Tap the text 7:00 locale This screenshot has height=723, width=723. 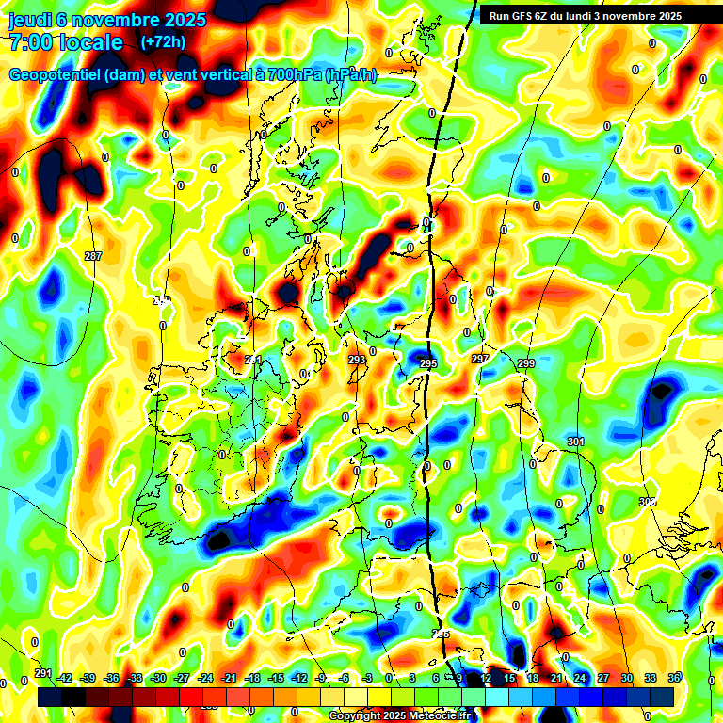pos(66,42)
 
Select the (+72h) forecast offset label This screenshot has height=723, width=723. pos(162,41)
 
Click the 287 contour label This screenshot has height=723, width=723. pos(92,256)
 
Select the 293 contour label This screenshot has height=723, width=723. pos(356,360)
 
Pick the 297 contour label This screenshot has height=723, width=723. pos(480,360)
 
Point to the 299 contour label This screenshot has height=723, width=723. pos(525,363)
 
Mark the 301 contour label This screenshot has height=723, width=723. pos(576,441)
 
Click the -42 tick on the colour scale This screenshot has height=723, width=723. pos(65,678)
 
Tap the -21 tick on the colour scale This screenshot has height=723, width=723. pos(229,678)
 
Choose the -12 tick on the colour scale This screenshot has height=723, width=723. pos(299,678)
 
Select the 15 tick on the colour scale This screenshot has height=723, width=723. pos(509,678)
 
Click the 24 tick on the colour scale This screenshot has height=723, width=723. pos(580,678)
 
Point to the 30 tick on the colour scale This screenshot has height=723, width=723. pos(627,678)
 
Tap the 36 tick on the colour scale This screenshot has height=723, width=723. pos(674,678)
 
